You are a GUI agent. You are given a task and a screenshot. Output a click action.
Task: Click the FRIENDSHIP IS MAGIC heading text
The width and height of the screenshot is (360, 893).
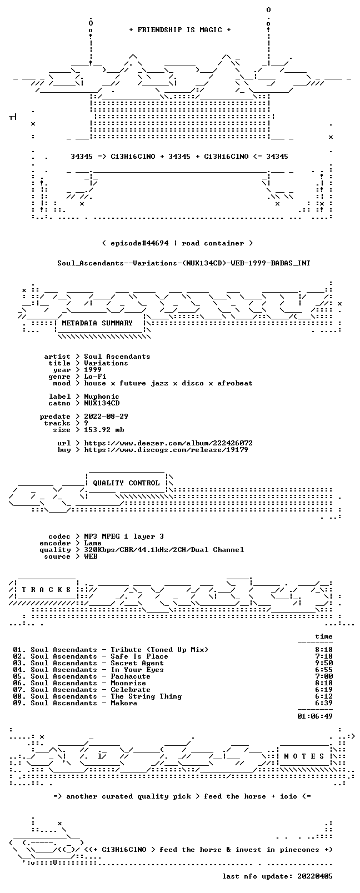(180, 30)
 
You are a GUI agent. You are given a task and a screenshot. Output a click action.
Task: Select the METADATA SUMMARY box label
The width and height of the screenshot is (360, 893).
(97, 323)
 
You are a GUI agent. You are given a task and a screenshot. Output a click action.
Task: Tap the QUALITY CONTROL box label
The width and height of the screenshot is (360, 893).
(126, 483)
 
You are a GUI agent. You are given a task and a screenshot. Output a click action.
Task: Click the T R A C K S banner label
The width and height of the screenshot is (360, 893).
(46, 590)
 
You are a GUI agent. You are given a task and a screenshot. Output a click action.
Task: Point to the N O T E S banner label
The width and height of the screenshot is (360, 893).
(304, 756)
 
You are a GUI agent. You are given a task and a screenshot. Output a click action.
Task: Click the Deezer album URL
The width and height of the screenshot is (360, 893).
(168, 443)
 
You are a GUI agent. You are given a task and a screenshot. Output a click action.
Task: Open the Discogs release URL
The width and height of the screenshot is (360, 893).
(166, 450)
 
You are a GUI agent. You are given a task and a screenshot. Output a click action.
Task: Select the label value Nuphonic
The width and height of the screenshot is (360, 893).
(102, 397)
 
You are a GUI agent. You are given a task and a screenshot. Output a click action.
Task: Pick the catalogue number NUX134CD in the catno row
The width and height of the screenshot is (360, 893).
(102, 403)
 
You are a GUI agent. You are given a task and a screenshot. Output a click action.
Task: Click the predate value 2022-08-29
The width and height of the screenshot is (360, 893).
(106, 416)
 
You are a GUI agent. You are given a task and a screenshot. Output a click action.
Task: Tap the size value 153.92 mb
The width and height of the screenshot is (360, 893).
(104, 430)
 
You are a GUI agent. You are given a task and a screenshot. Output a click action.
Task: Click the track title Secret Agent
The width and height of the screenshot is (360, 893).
(137, 663)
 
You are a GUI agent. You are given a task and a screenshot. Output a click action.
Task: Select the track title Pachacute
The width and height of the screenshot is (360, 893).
(131, 676)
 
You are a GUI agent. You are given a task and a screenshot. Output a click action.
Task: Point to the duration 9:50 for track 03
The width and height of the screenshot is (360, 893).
(324, 663)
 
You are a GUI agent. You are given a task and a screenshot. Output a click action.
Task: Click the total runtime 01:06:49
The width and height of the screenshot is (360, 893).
(315, 716)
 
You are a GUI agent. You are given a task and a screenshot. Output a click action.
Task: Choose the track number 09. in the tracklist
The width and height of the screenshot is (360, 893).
(19, 703)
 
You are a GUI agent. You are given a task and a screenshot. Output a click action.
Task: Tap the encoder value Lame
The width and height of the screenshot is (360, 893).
(93, 543)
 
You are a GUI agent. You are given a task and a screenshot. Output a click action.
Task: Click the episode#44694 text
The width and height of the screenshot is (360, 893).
(139, 243)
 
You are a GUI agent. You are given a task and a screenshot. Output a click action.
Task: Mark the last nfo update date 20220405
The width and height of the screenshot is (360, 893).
(315, 876)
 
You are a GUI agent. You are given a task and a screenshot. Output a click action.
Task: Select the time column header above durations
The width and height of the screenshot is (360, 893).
(324, 636)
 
